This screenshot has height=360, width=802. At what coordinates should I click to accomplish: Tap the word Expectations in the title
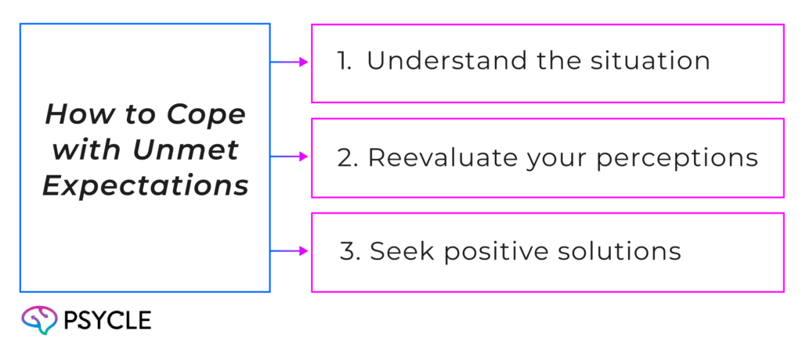pos(146,187)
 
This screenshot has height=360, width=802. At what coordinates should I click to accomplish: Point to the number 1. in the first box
pos(344,62)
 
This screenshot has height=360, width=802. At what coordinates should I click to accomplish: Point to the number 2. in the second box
pos(347,157)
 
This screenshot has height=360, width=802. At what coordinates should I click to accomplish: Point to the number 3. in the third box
pos(349,251)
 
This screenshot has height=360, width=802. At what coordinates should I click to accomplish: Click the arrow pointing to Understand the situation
pos(291,63)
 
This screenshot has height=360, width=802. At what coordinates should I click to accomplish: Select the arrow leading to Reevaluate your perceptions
pos(291,157)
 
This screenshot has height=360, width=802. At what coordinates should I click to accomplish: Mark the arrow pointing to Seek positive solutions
pos(291,252)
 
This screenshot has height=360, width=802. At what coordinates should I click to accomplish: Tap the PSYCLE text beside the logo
pos(110,320)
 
